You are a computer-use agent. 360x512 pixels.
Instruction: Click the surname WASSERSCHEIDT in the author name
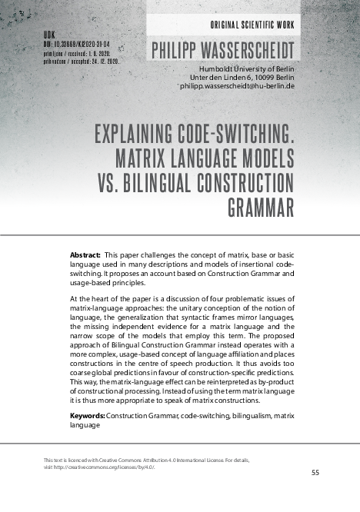[x=247, y=52]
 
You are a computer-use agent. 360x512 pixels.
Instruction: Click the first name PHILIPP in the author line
[x=175, y=52]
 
